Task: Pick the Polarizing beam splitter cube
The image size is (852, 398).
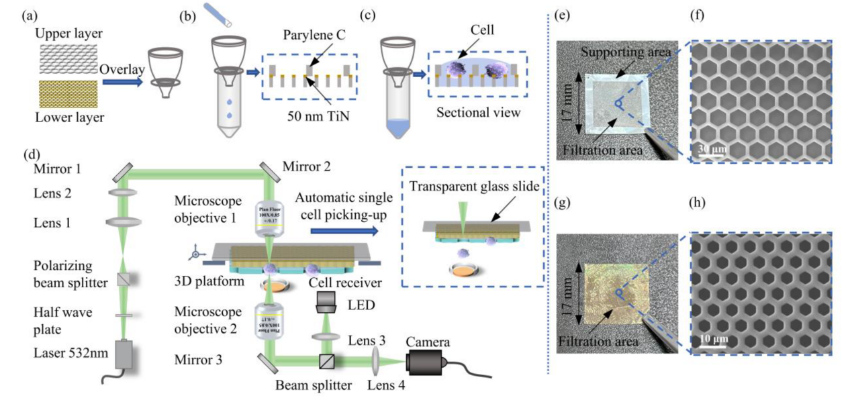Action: point(125,277)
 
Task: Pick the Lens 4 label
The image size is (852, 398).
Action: point(388,387)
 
